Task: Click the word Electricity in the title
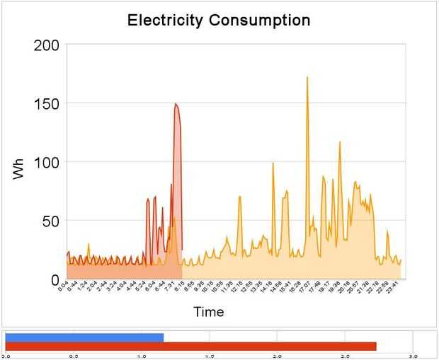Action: click(x=165, y=20)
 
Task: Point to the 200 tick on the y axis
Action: click(x=47, y=45)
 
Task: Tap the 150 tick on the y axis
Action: click(x=47, y=103)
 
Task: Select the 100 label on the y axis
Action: click(x=47, y=162)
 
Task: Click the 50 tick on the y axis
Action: click(x=52, y=221)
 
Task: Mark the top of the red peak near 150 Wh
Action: click(x=176, y=105)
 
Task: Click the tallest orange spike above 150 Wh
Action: click(x=307, y=78)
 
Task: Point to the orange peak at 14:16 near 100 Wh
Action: click(x=273, y=163)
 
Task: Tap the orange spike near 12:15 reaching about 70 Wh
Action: click(x=240, y=197)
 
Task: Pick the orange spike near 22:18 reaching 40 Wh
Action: click(x=387, y=231)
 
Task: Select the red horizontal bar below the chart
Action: click(x=190, y=347)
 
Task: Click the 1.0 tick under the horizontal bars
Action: click(x=142, y=356)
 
